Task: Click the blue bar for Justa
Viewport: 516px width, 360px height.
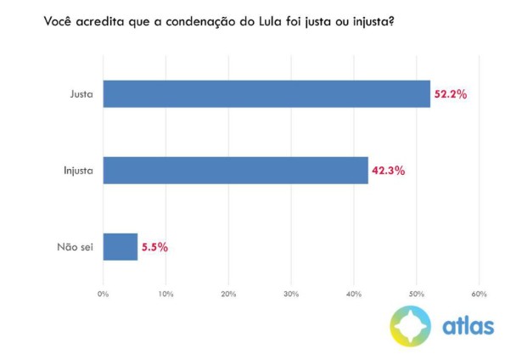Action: pos(266,93)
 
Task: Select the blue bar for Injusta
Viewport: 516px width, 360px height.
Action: pos(235,171)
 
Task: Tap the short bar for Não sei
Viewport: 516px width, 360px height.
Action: pos(120,247)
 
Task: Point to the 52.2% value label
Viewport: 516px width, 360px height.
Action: pos(451,93)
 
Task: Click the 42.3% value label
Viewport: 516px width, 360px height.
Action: pos(388,171)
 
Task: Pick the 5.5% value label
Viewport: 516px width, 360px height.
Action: pos(154,247)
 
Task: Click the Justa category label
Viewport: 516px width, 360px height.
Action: pos(81,93)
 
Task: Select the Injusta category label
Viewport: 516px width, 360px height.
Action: pos(78,171)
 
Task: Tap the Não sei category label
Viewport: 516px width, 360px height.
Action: pos(76,247)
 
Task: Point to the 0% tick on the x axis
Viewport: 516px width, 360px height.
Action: pos(104,294)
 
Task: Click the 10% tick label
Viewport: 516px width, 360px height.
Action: pos(165,294)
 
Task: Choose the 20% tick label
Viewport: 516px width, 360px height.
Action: pos(228,294)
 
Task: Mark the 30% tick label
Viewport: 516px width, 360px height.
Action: pos(291,294)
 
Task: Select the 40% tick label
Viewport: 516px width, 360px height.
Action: pos(354,294)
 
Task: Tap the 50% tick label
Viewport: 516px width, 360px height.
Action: pos(417,294)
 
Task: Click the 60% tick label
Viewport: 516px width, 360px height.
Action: pos(479,294)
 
